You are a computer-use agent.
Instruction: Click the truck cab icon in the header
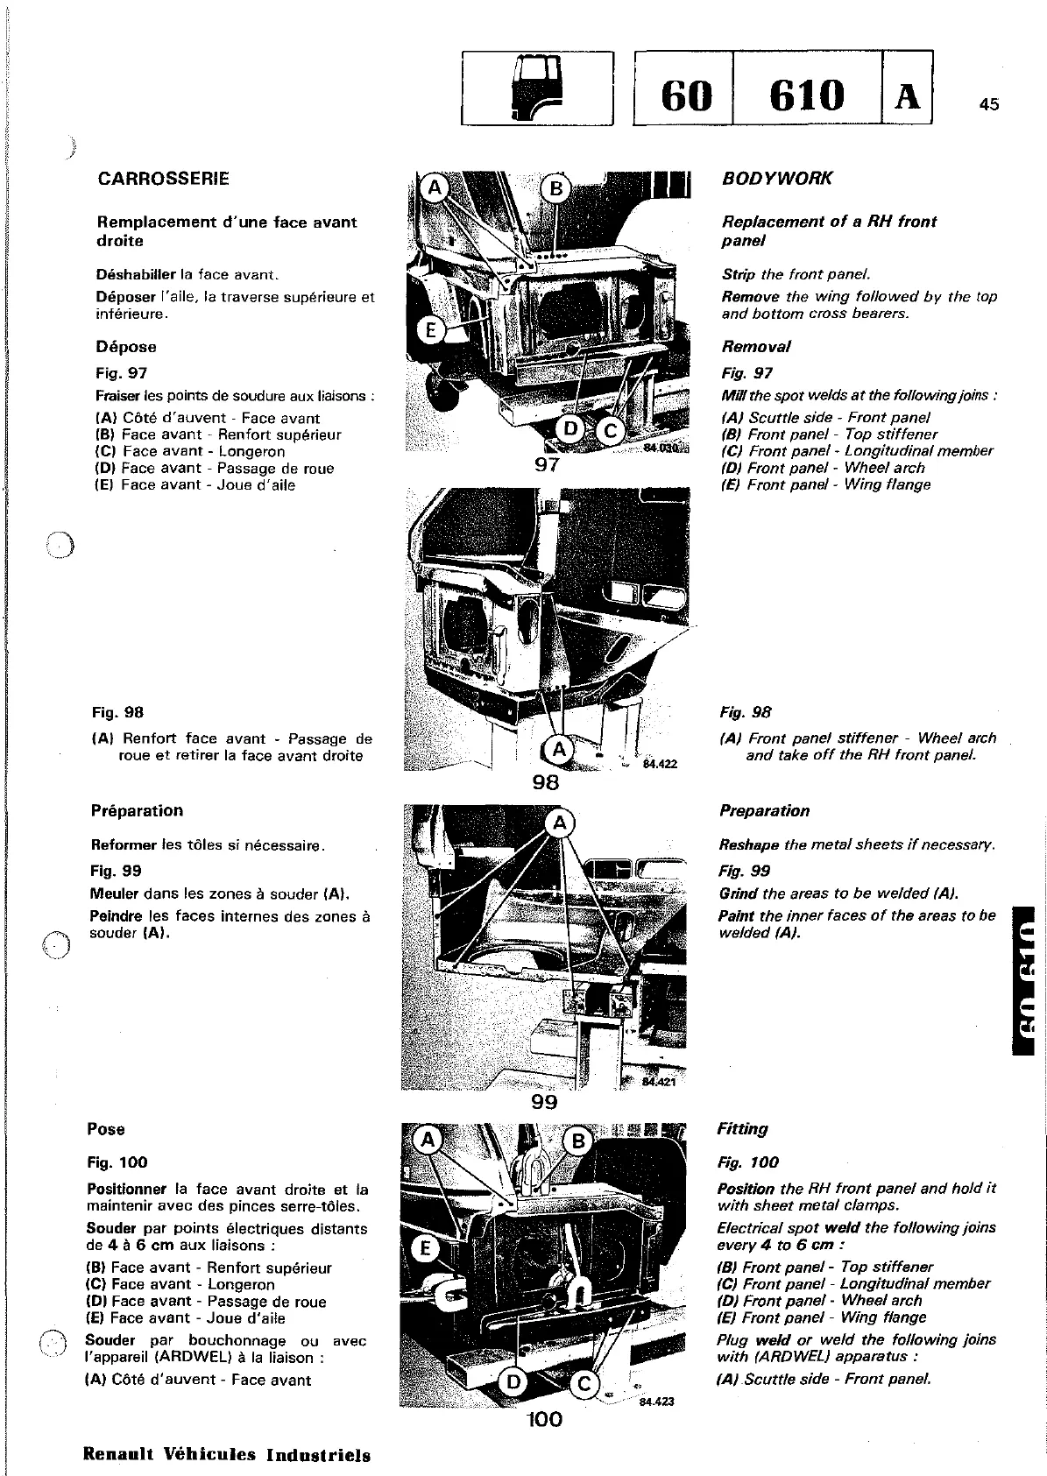tap(534, 88)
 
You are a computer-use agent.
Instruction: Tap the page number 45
tap(989, 105)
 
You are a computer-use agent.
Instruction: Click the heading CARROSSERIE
tap(163, 179)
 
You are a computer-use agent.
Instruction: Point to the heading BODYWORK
tap(776, 179)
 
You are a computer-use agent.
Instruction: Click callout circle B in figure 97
tap(554, 188)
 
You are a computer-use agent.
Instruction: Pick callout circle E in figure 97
tap(429, 329)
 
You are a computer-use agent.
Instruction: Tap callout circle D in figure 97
tap(570, 429)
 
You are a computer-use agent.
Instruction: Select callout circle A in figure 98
tap(556, 750)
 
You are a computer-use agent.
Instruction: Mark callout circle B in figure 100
tap(577, 1141)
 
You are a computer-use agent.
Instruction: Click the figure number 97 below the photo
tap(547, 465)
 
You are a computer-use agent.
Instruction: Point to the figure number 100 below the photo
tap(544, 1418)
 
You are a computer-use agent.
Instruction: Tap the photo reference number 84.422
tap(660, 764)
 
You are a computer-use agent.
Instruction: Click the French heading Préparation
tap(138, 810)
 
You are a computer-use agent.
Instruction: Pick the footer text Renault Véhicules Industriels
tap(226, 1455)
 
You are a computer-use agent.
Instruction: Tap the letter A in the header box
tap(907, 95)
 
